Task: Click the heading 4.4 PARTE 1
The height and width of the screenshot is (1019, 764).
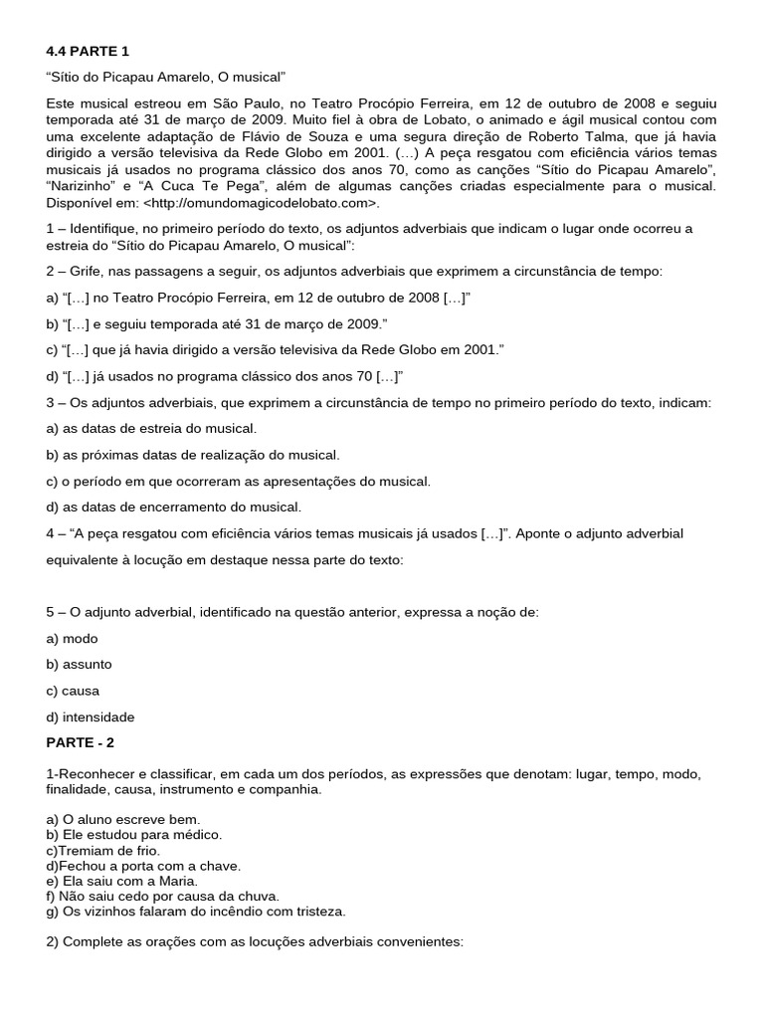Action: pos(88,51)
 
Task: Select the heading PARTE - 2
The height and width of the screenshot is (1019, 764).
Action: pos(88,742)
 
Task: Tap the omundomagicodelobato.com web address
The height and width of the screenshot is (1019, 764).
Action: pos(263,203)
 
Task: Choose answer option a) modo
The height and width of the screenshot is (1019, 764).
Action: pos(73,638)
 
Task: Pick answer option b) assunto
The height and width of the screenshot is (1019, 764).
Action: pos(80,664)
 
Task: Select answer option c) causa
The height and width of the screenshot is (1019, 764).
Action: pos(74,690)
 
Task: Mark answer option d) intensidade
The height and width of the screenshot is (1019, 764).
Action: pos(91,716)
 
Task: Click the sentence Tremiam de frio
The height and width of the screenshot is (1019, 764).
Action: pos(102,850)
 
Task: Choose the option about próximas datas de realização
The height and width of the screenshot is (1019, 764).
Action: pos(193,455)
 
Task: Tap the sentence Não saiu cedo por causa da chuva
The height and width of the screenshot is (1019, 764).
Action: pos(162,896)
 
